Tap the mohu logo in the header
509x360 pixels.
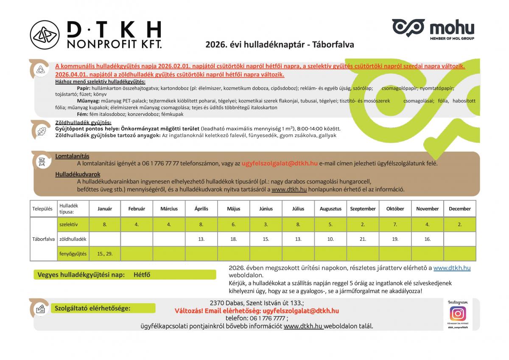[433, 28]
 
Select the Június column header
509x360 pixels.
[266, 209]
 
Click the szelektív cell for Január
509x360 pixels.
[104, 225]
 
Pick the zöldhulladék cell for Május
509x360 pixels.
[233, 239]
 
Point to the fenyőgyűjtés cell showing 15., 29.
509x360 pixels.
[104, 254]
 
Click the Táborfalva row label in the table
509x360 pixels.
[43, 239]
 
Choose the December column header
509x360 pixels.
[460, 209]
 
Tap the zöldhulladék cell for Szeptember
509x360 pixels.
[363, 239]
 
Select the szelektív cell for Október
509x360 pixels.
[395, 225]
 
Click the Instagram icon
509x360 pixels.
[458, 313]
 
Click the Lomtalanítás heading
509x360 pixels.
[72, 156]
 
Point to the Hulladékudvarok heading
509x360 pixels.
[78, 174]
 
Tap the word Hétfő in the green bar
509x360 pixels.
[142, 275]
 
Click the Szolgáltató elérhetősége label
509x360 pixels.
[92, 308]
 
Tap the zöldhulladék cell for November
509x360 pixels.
[428, 239]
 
